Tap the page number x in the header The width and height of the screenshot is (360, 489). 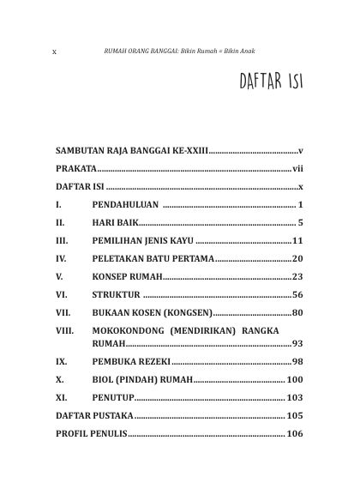pyautogui.click(x=55, y=51)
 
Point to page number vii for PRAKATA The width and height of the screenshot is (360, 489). pyautogui.click(x=297, y=168)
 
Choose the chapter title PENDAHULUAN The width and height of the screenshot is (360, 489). pyautogui.click(x=125, y=205)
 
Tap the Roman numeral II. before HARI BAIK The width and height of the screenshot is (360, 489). pyautogui.click(x=60, y=223)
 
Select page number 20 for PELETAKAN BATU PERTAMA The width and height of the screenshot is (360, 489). pyautogui.click(x=297, y=258)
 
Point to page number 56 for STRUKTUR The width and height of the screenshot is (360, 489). pyautogui.click(x=297, y=294)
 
